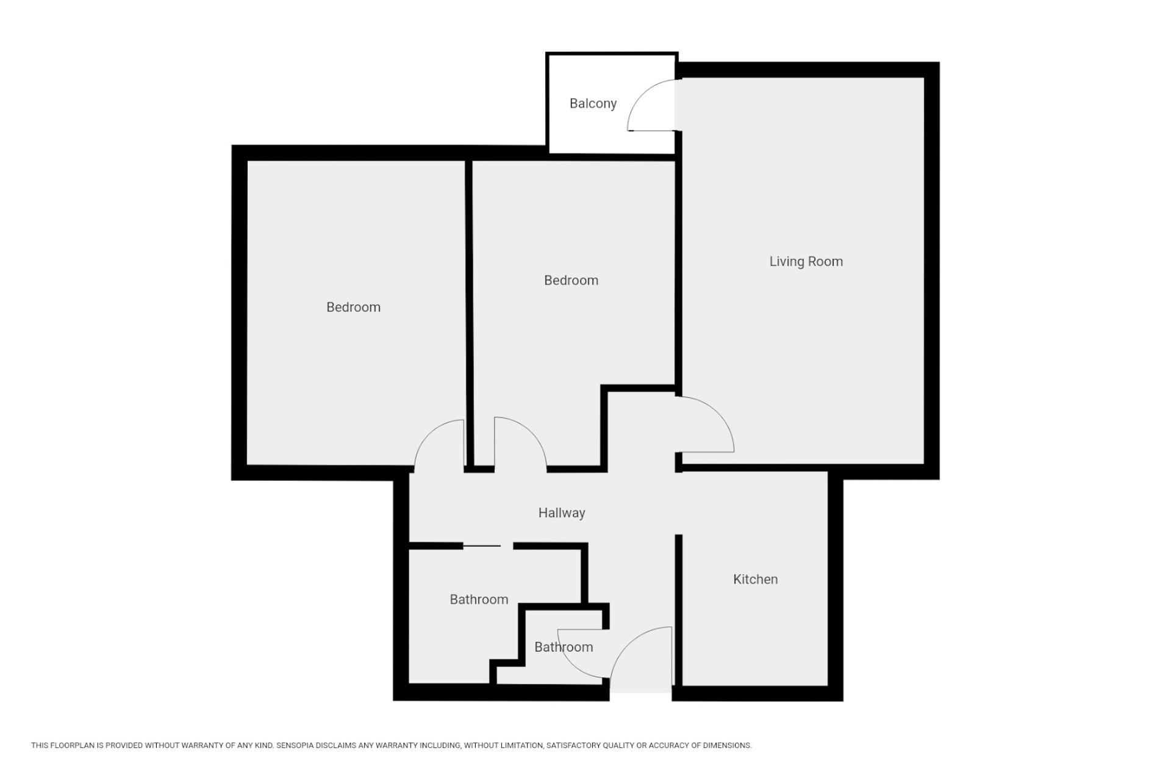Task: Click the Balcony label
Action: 593,104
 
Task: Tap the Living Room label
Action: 806,261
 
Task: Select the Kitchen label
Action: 755,579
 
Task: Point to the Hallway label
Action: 562,513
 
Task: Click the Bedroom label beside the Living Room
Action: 571,280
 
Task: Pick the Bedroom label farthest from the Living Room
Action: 353,307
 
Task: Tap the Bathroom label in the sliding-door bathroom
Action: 479,599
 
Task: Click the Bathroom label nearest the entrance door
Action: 564,647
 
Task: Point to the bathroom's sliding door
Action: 482,545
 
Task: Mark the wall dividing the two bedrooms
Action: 469,314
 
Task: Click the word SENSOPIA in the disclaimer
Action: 298,746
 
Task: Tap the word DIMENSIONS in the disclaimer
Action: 727,746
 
